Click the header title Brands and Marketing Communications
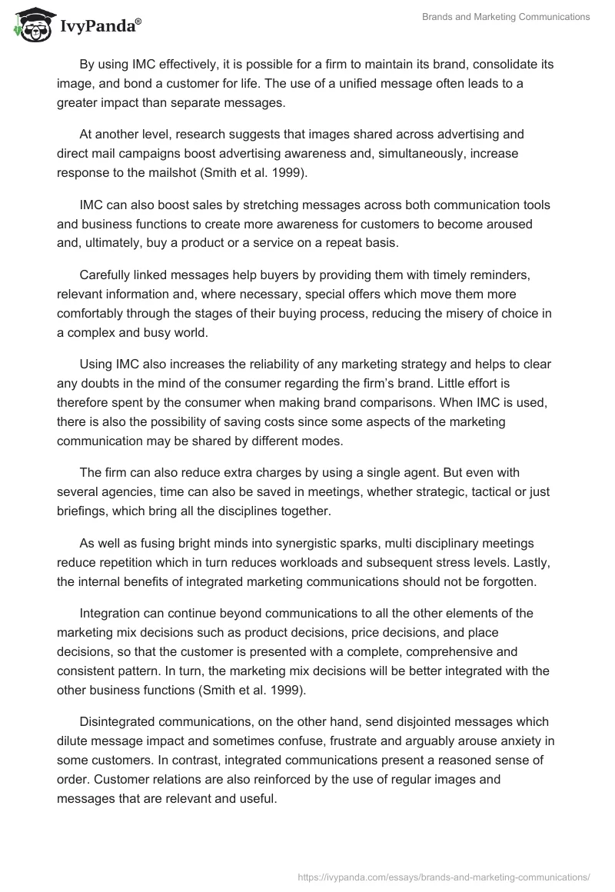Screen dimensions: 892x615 point(506,17)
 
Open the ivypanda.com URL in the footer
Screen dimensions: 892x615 point(444,876)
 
